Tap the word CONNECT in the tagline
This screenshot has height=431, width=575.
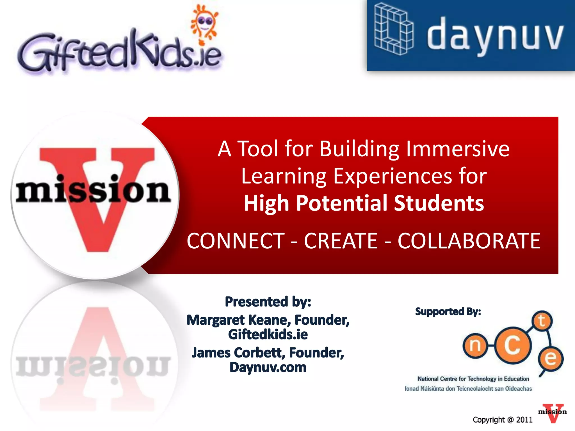236,241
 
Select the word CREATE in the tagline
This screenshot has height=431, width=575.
341,241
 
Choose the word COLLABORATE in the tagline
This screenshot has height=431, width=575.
469,241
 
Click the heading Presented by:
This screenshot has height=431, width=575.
268,302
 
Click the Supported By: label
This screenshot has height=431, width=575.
448,312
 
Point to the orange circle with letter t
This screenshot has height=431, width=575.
542,321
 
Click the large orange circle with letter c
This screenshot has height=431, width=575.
513,345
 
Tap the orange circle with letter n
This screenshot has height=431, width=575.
475,346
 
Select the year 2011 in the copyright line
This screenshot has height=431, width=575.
524,420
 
